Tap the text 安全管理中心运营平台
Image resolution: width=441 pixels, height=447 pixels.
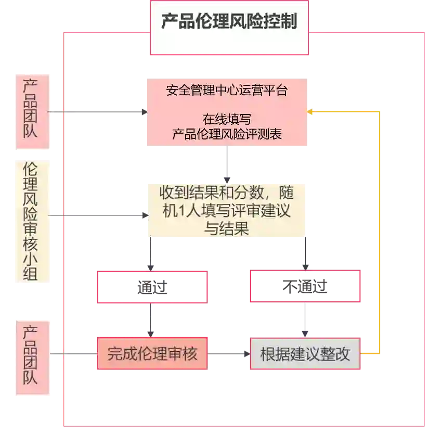[227, 90]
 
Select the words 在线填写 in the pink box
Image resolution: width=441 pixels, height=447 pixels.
[227, 119]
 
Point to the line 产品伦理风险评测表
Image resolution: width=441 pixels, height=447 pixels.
[227, 134]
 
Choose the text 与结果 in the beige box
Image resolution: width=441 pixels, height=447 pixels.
[226, 228]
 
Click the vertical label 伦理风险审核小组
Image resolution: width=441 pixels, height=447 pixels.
[31, 221]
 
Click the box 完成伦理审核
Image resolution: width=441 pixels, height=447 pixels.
[152, 354]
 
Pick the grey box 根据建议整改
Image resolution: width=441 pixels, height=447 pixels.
[305, 354]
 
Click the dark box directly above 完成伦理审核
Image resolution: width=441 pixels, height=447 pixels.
[152, 287]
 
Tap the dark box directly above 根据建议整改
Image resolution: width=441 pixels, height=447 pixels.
[305, 287]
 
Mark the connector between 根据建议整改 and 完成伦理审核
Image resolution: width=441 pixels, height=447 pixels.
[229, 354]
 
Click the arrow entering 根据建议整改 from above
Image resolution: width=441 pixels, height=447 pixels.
[305, 320]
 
